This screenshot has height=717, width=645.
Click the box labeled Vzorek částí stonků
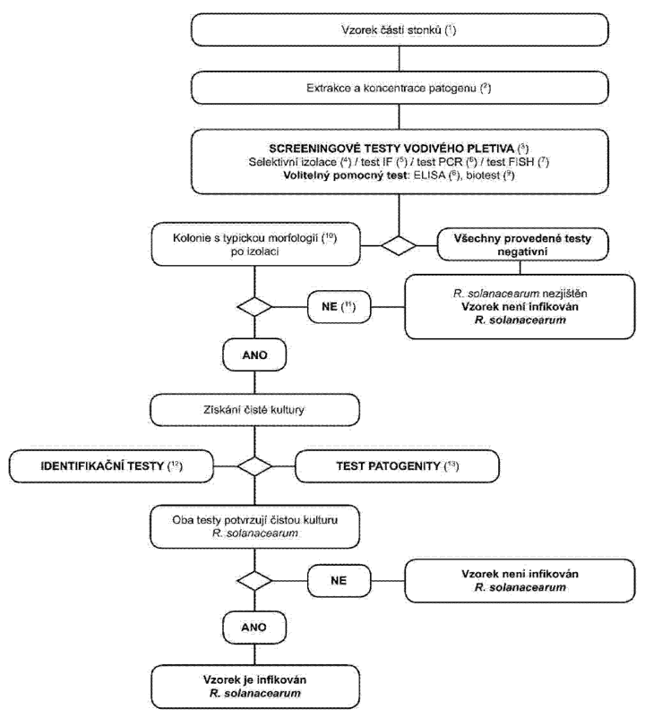[x=400, y=30]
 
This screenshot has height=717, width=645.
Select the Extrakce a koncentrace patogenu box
[x=400, y=88]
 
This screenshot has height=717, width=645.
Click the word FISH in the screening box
[x=521, y=162]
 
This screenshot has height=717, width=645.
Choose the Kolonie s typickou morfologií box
[x=255, y=244]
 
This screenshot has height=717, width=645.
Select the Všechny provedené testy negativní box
[x=523, y=244]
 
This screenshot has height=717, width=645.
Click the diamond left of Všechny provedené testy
[x=399, y=245]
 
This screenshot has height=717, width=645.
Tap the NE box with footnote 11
[x=339, y=306]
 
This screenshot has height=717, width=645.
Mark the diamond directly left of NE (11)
[x=254, y=306]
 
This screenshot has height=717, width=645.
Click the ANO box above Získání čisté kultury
[x=254, y=355]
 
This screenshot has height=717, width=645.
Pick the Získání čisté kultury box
[x=254, y=410]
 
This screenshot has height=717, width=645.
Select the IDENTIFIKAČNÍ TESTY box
[x=111, y=466]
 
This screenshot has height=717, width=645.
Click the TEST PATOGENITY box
[x=397, y=466]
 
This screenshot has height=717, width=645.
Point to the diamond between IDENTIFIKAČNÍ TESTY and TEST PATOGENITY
[x=254, y=466]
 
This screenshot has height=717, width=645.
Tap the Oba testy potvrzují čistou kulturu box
[x=254, y=526]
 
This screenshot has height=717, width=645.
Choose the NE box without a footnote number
[x=339, y=581]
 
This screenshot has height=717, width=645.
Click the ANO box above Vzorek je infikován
[x=254, y=627]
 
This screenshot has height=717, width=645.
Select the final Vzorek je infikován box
[x=255, y=687]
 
